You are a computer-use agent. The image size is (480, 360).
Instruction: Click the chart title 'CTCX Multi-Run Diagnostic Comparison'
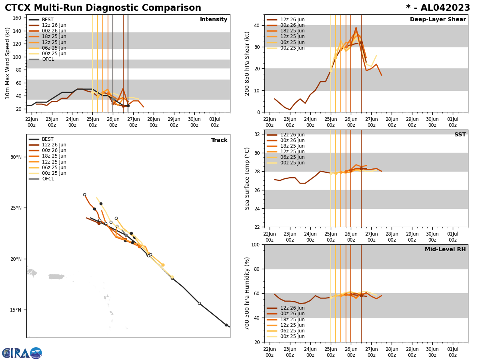pyautogui.click(x=103, y=8)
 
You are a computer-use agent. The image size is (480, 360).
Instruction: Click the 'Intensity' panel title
pyautogui.click(x=213, y=20)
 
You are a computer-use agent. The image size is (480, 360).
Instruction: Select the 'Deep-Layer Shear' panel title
pyautogui.click(x=438, y=20)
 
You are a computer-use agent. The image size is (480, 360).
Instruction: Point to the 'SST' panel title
pyautogui.click(x=460, y=135)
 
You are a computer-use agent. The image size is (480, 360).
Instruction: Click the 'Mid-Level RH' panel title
pyautogui.click(x=445, y=250)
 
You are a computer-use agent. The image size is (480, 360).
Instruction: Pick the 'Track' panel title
pyautogui.click(x=219, y=140)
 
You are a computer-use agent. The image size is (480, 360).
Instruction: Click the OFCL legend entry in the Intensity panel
pyautogui.click(x=48, y=59)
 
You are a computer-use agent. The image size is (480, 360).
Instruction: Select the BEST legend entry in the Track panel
pyautogui.click(x=48, y=140)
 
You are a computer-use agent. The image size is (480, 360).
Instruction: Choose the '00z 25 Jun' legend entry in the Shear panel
pyautogui.click(x=292, y=48)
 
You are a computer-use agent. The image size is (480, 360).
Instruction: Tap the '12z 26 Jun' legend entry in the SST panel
pyautogui.click(x=292, y=135)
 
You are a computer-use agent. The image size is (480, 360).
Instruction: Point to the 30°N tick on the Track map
pyautogui.click(x=16, y=157)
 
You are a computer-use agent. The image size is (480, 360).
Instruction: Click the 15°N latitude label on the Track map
pyautogui.click(x=16, y=310)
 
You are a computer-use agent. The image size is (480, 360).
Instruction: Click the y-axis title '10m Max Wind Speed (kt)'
pyautogui.click(x=8, y=63)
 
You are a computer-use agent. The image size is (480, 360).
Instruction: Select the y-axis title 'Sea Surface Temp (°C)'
pyautogui.click(x=248, y=178)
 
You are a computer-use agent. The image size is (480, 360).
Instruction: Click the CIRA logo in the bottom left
pyautogui.click(x=22, y=353)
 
